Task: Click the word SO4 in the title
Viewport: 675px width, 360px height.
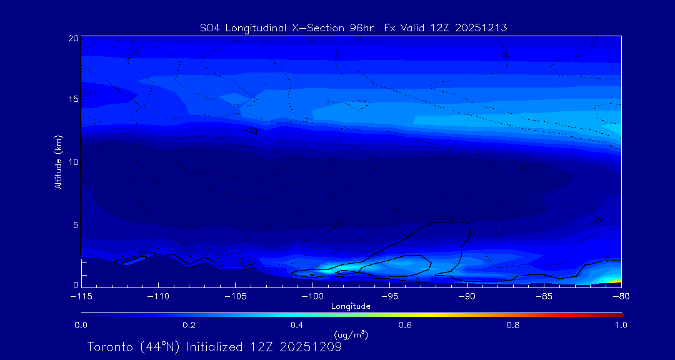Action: pos(211,27)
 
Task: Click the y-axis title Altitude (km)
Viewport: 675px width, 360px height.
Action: pos(59,162)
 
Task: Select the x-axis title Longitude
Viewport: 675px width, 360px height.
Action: pos(351,306)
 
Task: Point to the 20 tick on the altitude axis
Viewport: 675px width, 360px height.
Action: pos(72,38)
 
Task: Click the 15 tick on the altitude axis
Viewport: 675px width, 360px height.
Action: pos(72,99)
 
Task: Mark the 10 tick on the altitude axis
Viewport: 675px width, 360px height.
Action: pos(72,162)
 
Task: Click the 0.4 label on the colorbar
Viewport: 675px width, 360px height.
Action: pos(297,325)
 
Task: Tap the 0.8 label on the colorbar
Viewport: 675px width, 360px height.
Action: pos(513,325)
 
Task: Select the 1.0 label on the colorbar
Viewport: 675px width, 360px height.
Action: pos(621,325)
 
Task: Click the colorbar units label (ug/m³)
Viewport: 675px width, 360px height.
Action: pos(351,334)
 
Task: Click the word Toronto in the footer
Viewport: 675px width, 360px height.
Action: pos(110,347)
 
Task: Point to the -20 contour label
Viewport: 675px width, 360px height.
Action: pos(252,131)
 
